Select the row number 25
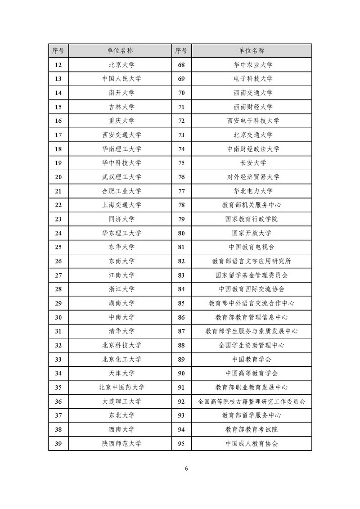point(58,247)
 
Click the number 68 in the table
point(181,65)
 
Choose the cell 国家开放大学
point(252,233)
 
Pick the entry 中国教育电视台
point(252,247)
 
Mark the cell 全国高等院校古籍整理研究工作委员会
point(252,401)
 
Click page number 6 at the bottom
point(186,468)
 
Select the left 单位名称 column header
point(120,50)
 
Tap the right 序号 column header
point(181,50)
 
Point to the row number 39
point(58,443)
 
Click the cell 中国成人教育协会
point(252,443)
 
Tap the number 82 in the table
point(181,261)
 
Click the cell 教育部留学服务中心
point(252,415)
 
